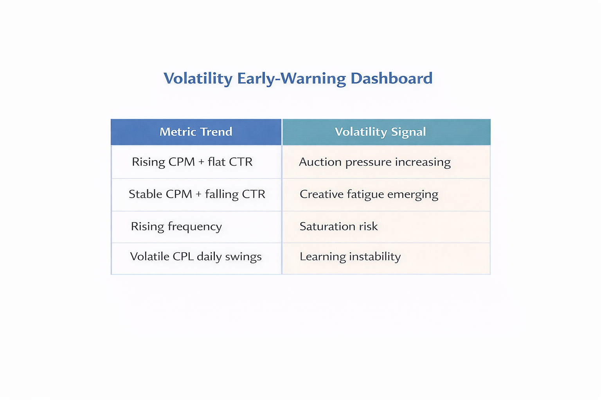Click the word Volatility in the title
pos(198,79)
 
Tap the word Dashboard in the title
pos(391,79)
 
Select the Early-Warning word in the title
pos(292,79)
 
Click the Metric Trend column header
pos(196,132)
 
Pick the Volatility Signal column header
pos(380,132)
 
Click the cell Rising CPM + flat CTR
pos(192,162)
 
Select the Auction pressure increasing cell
pos(374,162)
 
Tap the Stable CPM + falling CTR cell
pos(197,194)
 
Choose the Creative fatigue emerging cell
pos(369,195)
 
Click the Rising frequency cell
pos(176,227)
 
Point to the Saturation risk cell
pos(338,227)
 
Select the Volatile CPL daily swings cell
pos(196,257)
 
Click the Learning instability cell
pos(350,257)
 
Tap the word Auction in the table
pos(320,162)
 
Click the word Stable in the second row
pos(145,194)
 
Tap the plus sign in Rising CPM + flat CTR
pos(201,162)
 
